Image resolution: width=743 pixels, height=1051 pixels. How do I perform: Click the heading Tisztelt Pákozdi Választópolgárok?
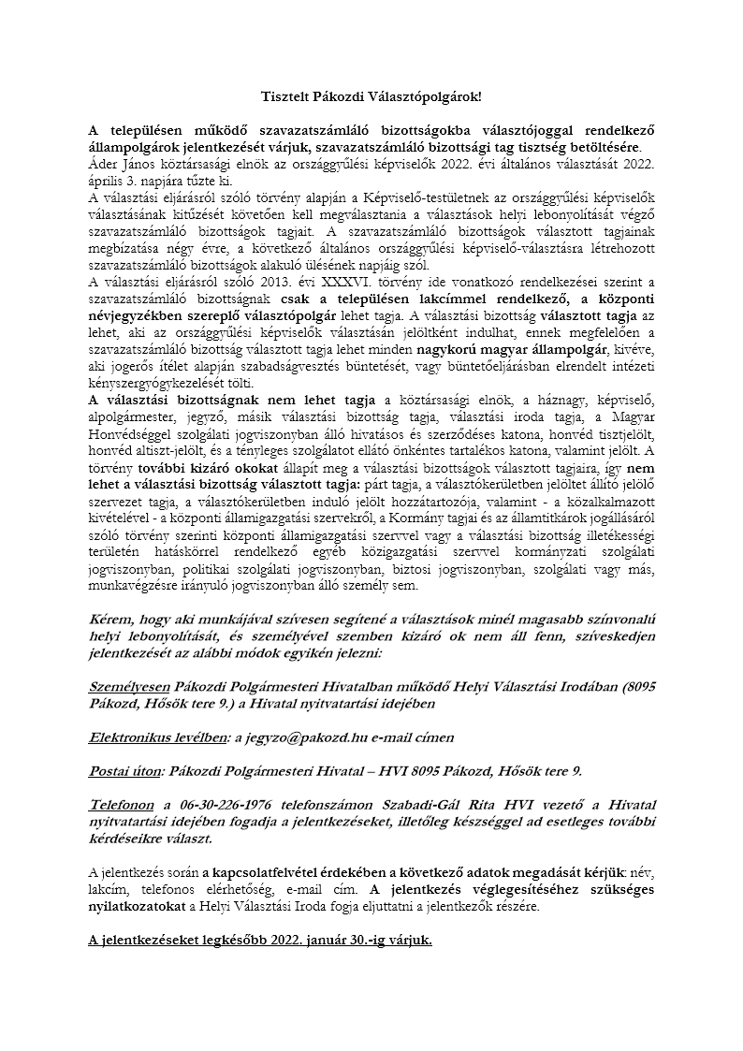tap(371, 96)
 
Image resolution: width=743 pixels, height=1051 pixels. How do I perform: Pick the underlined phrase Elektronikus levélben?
tap(157, 737)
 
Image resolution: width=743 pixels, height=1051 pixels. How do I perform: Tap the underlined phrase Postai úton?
tap(124, 771)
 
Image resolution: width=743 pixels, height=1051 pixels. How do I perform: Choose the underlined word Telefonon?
tap(123, 804)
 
